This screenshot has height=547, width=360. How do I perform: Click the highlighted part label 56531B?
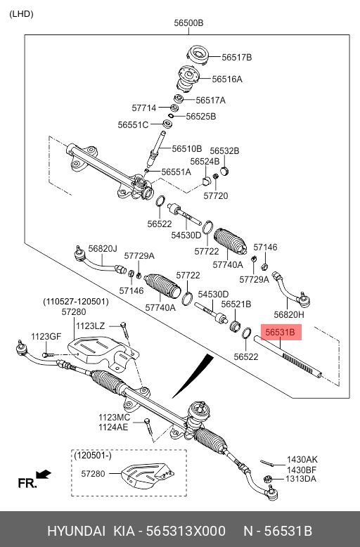tap(280, 332)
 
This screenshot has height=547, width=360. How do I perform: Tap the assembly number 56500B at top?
tap(188, 23)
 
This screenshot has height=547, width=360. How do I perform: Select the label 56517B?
tap(236, 57)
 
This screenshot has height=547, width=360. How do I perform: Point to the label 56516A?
tap(227, 79)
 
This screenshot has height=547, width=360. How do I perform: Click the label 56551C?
tap(133, 125)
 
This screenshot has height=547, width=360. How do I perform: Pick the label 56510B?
tap(187, 149)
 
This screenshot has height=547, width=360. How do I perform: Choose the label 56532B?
tap(224, 151)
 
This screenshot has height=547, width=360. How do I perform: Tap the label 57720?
tap(216, 195)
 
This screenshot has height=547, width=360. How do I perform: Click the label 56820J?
tap(103, 248)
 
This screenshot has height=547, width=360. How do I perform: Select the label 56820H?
tap(289, 315)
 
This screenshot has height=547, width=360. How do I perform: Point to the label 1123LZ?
tap(90, 326)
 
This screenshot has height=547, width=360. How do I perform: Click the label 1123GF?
tap(46, 336)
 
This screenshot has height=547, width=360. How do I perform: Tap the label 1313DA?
tap(301, 479)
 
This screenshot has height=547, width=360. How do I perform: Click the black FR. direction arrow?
tap(44, 475)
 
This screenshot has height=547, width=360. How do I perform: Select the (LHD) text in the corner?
tap(21, 14)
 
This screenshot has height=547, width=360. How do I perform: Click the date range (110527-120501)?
tap(76, 302)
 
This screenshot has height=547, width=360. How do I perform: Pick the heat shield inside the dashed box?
tap(148, 475)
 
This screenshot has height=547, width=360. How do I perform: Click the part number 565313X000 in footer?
tap(186, 531)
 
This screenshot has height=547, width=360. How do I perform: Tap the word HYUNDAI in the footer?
tap(76, 531)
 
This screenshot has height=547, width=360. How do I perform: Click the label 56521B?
tap(236, 304)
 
